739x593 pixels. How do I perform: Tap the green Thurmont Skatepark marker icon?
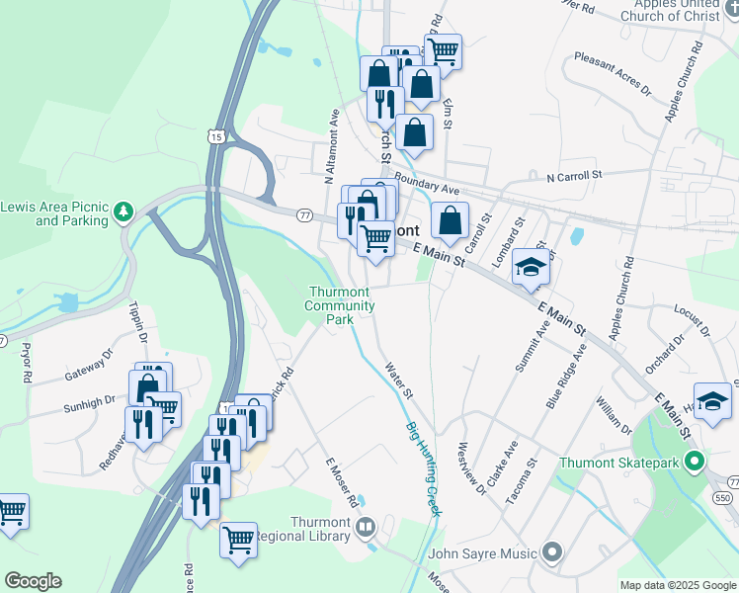pos(696,462)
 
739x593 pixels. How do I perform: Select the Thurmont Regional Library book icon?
pos(366,528)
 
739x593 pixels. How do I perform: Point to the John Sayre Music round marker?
pos(551,552)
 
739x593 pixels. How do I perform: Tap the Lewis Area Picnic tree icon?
pos(123,212)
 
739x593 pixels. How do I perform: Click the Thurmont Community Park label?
pos(340,305)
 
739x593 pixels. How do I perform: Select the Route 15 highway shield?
pos(216,135)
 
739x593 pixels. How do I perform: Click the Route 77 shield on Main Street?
pos(303,214)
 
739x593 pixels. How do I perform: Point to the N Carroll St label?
pos(574,176)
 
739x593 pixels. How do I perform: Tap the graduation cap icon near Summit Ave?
pos(531,268)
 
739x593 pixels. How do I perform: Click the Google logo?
pos(33,581)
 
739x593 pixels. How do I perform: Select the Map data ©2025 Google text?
pos(678,585)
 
